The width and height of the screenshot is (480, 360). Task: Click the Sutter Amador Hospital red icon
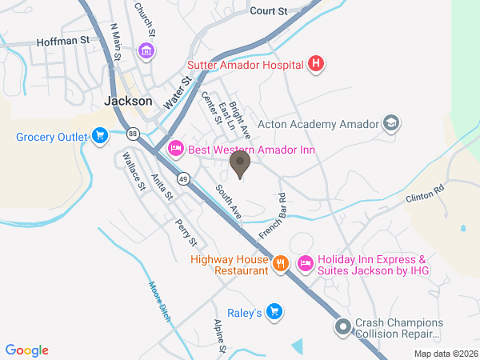tap(316, 64)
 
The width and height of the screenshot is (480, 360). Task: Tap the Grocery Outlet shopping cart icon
tap(100, 137)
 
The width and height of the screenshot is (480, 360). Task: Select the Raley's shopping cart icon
tap(274, 310)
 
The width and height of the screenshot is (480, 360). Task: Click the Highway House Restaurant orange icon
tap(279, 263)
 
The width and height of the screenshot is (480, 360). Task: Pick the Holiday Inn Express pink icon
tap(305, 263)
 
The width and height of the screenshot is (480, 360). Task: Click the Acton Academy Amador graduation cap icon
tap(390, 123)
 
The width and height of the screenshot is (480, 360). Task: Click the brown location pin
tap(239, 164)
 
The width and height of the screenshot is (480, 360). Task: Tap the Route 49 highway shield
tap(185, 178)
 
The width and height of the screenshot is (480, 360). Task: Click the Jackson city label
tap(128, 102)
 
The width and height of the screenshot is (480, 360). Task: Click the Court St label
tap(267, 11)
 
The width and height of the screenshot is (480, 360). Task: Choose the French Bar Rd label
tap(273, 216)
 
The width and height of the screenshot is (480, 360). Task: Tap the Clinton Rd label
tap(424, 196)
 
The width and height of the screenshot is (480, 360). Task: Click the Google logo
tap(27, 350)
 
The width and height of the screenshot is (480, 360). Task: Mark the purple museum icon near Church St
tap(146, 52)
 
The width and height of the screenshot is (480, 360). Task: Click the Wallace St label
tap(132, 171)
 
